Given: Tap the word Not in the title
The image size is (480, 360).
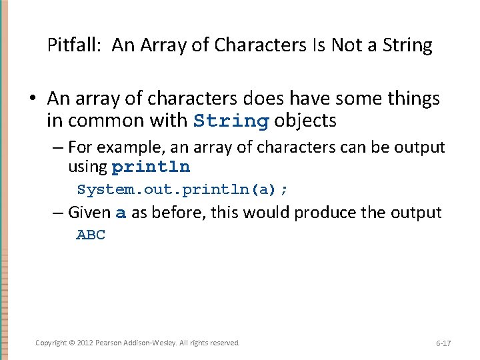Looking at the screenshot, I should (350, 45).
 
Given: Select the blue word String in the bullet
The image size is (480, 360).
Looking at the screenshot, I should (231, 121).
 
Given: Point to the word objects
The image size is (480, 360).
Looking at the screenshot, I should (305, 121).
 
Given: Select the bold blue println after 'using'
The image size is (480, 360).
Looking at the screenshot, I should (151, 167).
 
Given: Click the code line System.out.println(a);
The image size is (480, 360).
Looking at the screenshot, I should (183, 189).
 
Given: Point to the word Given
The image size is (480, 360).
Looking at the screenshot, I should (89, 213).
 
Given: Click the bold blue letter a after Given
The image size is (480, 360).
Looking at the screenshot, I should (121, 213).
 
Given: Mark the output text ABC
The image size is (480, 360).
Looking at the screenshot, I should (91, 235).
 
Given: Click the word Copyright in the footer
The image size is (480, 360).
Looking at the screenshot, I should (51, 343).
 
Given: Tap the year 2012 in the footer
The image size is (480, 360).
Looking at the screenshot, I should (86, 343).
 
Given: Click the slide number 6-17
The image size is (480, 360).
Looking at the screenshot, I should (443, 343).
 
